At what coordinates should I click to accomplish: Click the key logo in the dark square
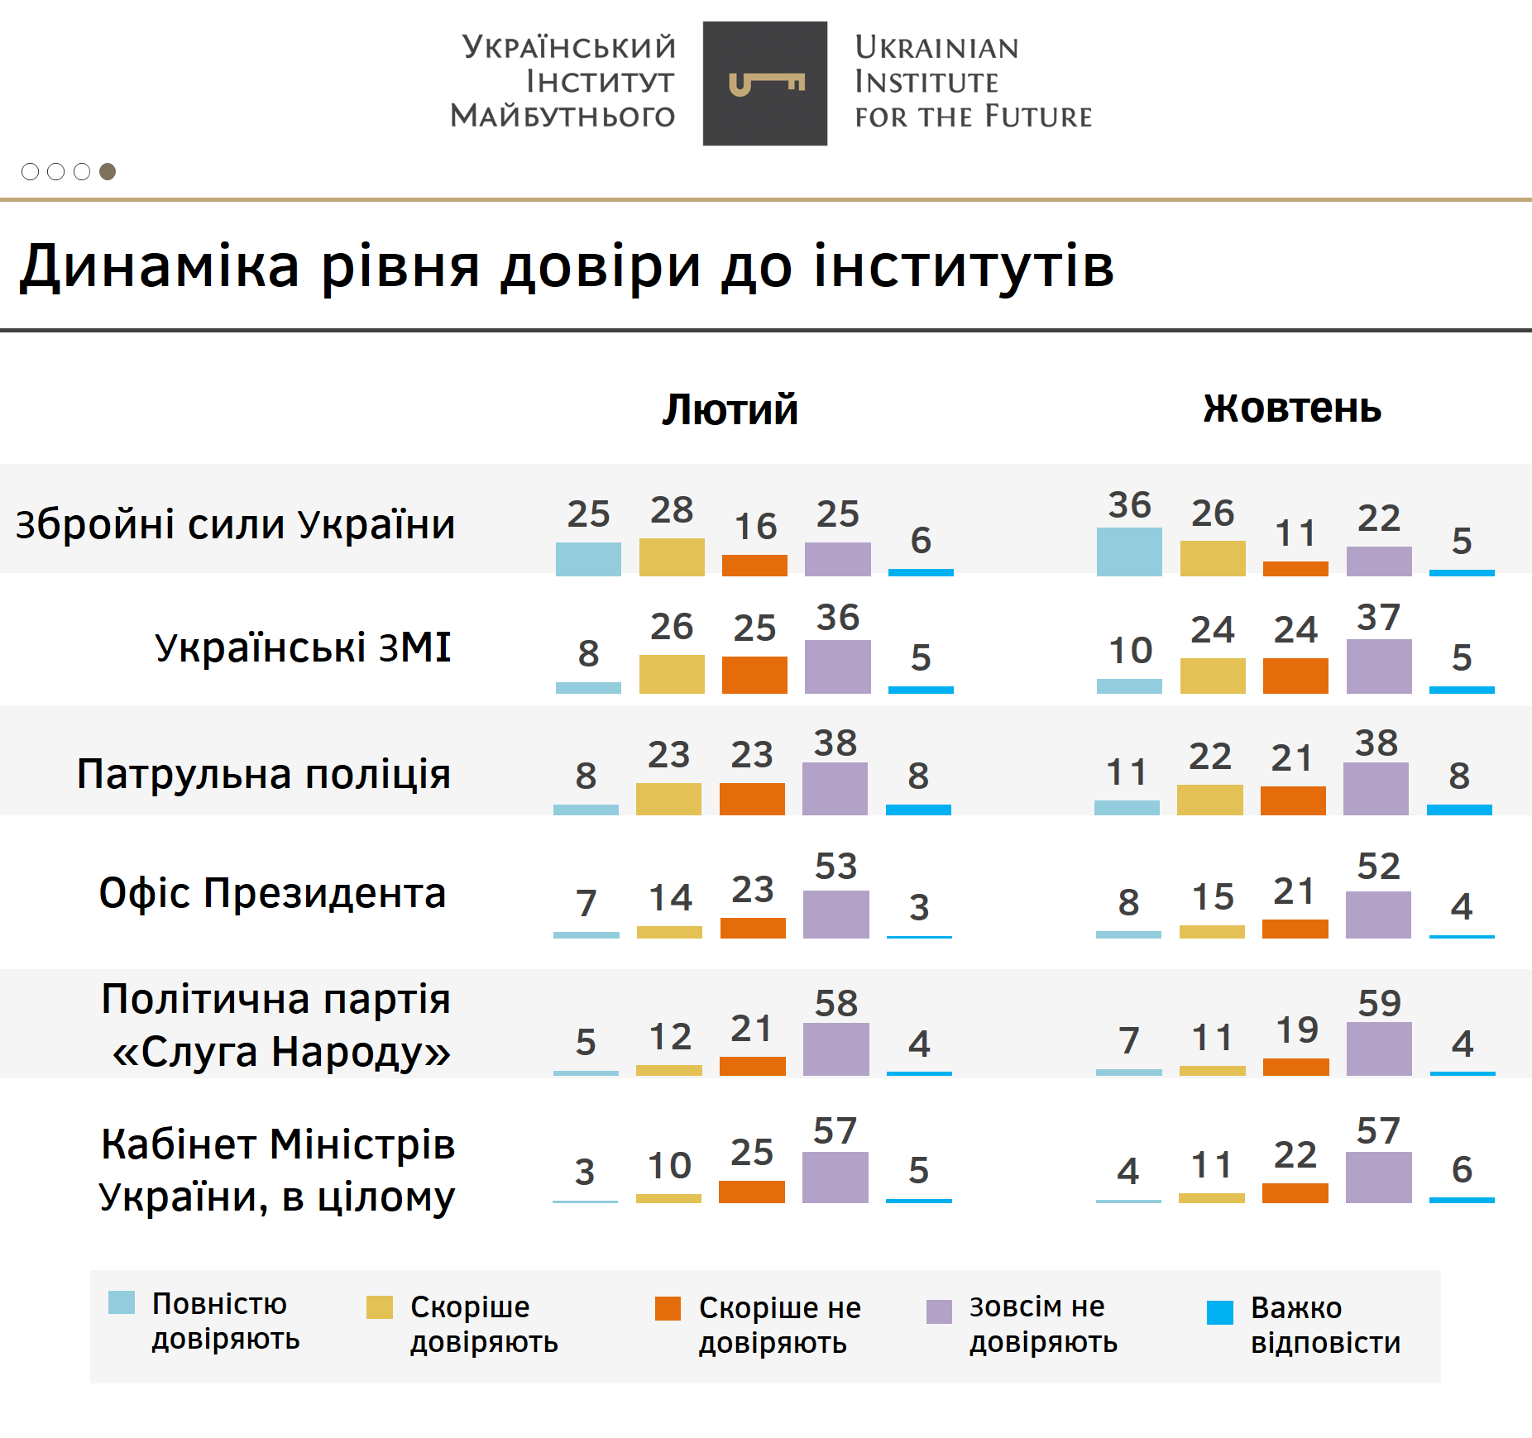[765, 84]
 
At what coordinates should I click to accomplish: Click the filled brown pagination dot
[108, 171]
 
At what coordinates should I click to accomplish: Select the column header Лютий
[730, 409]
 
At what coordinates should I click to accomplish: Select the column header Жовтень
[1292, 408]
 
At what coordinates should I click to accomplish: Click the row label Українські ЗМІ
[303, 647]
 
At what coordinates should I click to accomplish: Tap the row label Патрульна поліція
[264, 774]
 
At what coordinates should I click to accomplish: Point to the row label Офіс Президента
[272, 893]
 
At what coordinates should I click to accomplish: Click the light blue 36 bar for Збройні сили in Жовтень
[1129, 552]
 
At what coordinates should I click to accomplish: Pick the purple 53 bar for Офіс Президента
[835, 914]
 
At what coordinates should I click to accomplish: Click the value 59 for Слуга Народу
[1379, 1003]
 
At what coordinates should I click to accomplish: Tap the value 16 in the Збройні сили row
[755, 527]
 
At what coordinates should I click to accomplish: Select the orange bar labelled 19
[1295, 1067]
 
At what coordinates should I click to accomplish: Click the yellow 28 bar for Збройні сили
[672, 557]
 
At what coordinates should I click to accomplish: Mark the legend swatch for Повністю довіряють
[122, 1302]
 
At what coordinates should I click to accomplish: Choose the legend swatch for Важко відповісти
[1220, 1312]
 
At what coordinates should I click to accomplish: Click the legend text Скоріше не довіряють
[779, 1325]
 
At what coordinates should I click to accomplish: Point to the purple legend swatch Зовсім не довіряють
[939, 1311]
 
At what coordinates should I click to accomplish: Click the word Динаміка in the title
[160, 266]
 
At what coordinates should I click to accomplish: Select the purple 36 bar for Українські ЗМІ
[837, 666]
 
